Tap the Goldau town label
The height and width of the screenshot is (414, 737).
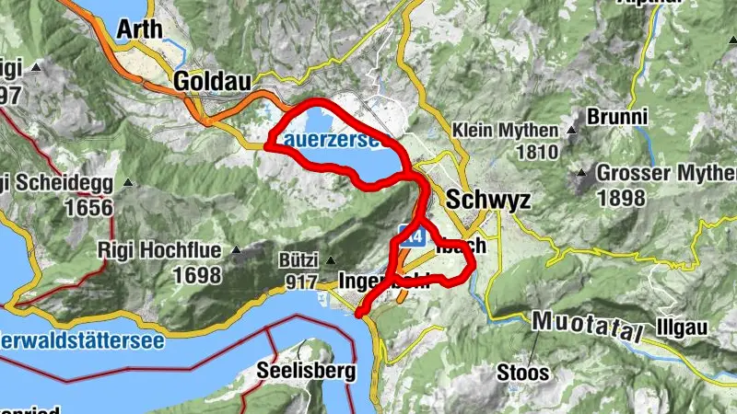click(x=211, y=81)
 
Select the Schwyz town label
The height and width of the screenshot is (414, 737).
click(x=487, y=200)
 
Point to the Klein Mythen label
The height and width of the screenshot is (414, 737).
click(x=506, y=131)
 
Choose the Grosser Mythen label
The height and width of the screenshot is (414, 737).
click(x=665, y=173)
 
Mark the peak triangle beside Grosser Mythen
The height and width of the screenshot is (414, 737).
click(x=582, y=172)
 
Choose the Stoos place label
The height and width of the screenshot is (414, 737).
click(x=523, y=373)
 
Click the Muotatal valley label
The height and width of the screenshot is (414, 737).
click(x=587, y=326)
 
